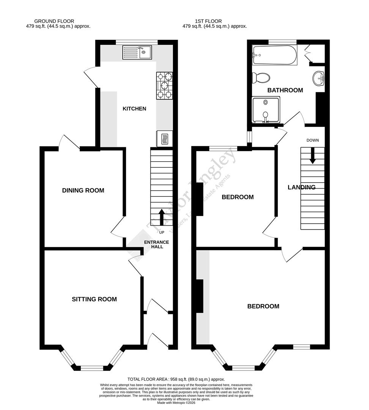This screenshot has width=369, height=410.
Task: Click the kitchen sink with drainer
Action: pyautogui.click(x=137, y=52)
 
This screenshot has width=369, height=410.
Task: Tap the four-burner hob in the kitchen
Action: pyautogui.click(x=164, y=85)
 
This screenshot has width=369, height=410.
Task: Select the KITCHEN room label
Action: pyautogui.click(x=134, y=109)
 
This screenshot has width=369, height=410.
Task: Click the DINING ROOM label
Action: pyautogui.click(x=83, y=191)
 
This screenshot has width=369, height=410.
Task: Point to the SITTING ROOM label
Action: pyautogui.click(x=94, y=300)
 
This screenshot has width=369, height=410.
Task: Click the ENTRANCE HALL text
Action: pyautogui.click(x=156, y=244)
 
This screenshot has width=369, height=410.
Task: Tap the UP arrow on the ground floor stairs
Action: pyautogui.click(x=161, y=217)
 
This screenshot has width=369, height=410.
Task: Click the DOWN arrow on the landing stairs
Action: pyautogui.click(x=313, y=156)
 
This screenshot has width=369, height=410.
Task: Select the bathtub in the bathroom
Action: pyautogui.click(x=274, y=55)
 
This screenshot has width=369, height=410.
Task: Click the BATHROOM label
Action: pyautogui.click(x=285, y=90)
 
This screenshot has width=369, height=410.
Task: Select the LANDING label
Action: pyautogui.click(x=301, y=187)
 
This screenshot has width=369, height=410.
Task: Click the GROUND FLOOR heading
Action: pyautogui.click(x=54, y=21)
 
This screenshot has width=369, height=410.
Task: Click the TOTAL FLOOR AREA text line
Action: pyautogui.click(x=177, y=379)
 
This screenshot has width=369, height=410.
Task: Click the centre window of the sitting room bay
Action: pyautogui.click(x=92, y=367)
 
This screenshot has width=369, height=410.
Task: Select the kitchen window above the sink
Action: pyautogui.click(x=137, y=41)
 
